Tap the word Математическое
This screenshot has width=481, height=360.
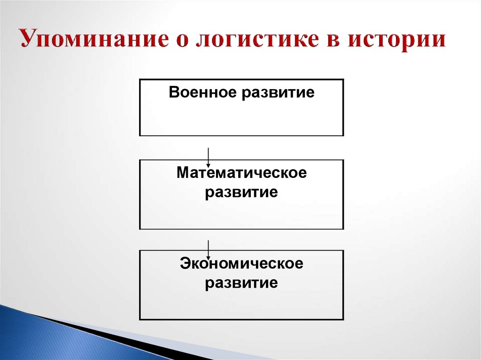point(241,173)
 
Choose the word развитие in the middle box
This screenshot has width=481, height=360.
point(241,192)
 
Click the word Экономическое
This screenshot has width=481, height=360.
point(241,264)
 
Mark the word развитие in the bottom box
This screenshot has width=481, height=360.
point(241,283)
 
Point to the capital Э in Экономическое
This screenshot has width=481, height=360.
point(185,264)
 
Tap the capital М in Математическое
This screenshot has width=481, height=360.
point(182,173)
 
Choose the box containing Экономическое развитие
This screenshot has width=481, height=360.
point(241,305)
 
